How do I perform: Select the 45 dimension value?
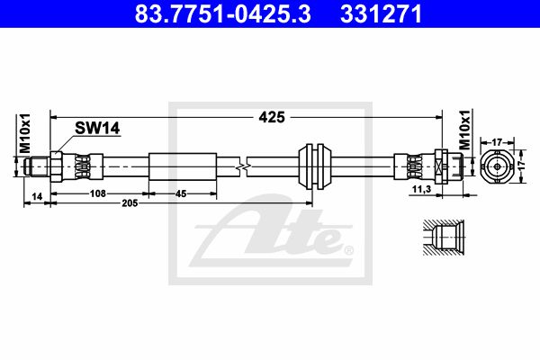coord(181,193)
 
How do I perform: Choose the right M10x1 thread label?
coord(464,132)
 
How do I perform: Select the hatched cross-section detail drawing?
coord(442,239)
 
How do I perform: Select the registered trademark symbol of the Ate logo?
coord(348,250)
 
